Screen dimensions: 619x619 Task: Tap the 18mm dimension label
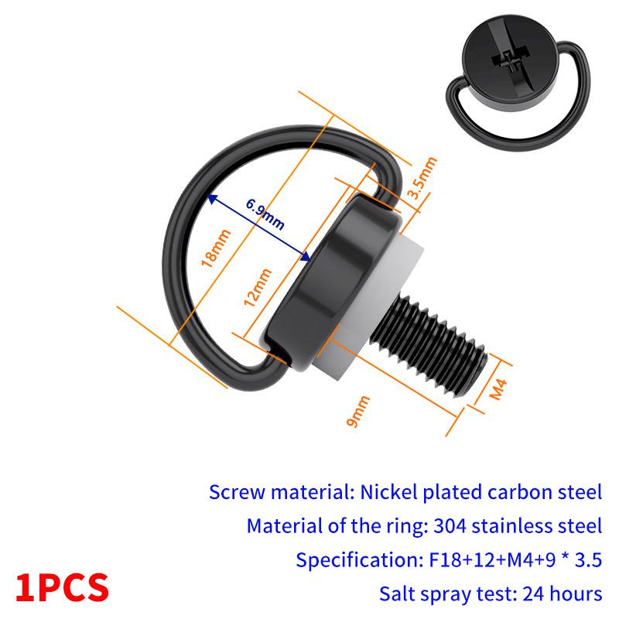click(x=216, y=248)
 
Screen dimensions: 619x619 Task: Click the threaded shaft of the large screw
click(x=433, y=340)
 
